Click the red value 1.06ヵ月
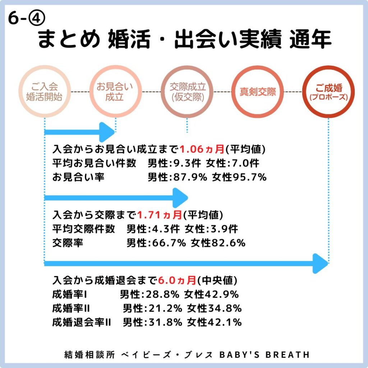click(202, 149)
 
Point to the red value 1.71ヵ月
click(160, 215)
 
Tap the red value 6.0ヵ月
click(177, 280)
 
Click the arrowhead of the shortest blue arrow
click(107, 132)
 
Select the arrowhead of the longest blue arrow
click(320, 263)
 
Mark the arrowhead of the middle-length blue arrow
click(180, 198)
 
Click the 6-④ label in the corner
click(27, 18)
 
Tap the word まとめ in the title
click(69, 39)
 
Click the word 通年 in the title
click(310, 39)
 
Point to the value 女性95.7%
click(239, 177)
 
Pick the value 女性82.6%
click(218, 243)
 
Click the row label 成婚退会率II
click(82, 322)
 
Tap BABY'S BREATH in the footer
click(264, 355)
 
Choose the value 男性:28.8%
click(150, 294)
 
